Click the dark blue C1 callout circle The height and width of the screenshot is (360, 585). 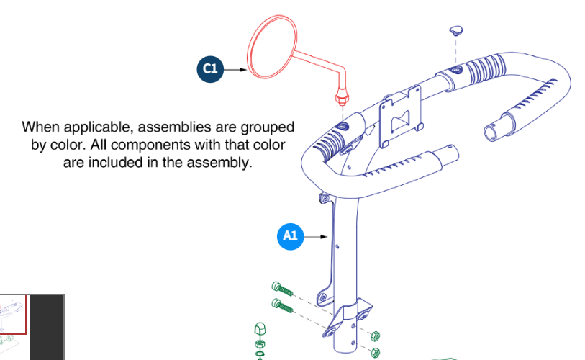(x=209, y=69)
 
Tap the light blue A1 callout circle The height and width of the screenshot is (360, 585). (x=290, y=235)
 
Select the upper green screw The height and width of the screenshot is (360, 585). (x=284, y=289)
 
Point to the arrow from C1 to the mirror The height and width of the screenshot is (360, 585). (x=235, y=69)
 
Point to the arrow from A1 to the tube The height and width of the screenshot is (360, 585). (x=316, y=235)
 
